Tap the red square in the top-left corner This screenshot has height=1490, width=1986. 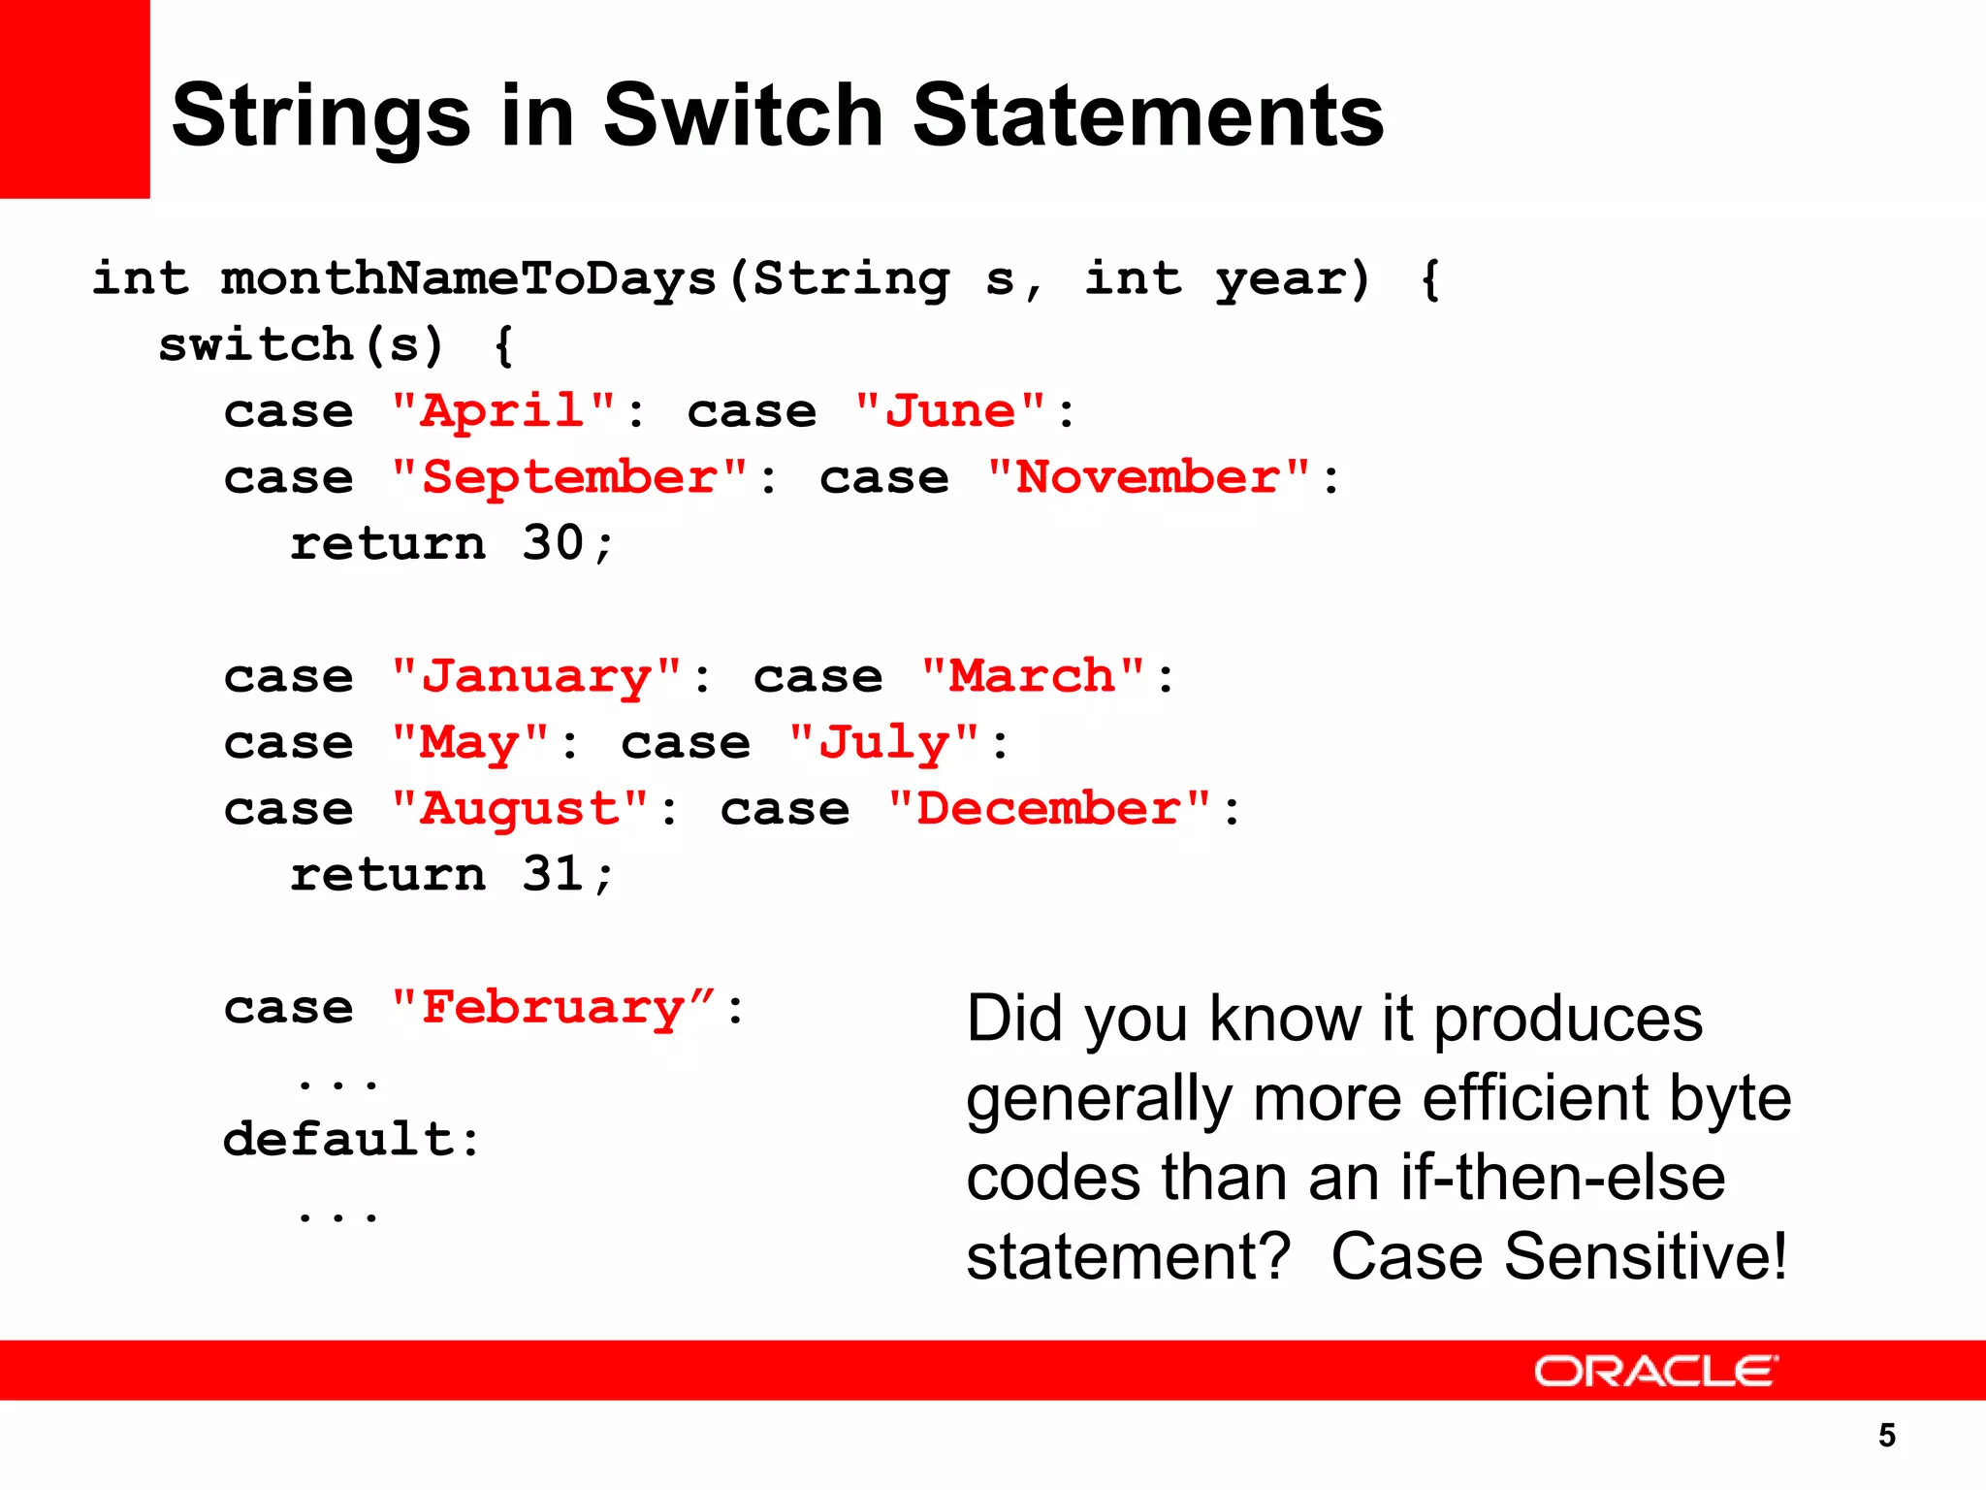tap(74, 98)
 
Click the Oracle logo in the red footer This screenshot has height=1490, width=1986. tap(1655, 1371)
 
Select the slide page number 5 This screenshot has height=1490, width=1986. tap(1886, 1435)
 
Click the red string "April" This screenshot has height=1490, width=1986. tap(503, 411)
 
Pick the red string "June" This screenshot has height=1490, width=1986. tap(951, 411)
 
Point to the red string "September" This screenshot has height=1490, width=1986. tap(569, 477)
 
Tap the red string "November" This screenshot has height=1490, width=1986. tap(1148, 477)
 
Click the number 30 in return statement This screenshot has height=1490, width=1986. tap(553, 543)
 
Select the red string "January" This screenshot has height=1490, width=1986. tap(536, 676)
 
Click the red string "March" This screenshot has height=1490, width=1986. tap(1033, 676)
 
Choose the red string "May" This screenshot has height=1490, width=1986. tap(470, 743)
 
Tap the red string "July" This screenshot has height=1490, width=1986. tap(883, 743)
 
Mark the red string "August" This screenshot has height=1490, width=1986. tap(520, 809)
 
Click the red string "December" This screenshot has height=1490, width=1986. tap(1049, 809)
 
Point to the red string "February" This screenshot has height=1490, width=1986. tap(553, 1008)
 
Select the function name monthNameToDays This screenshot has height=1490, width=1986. tap(468, 279)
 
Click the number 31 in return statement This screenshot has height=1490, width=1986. tap(553, 875)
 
